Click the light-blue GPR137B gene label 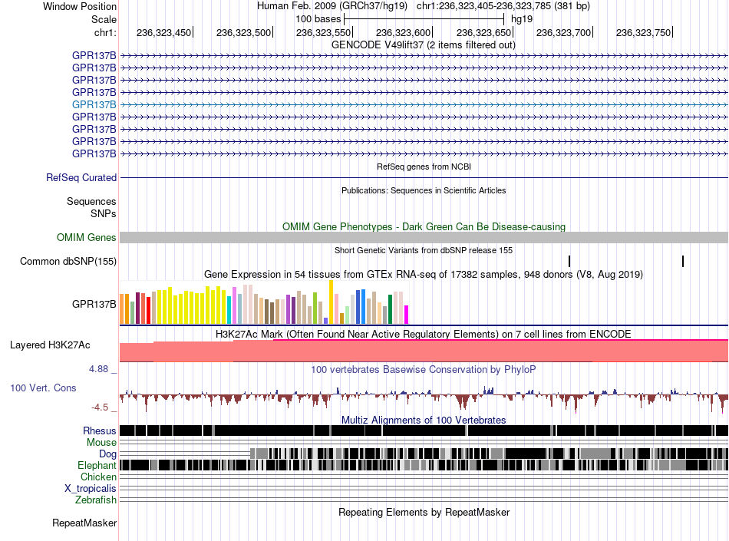point(94,104)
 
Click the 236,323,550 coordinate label point(323,32)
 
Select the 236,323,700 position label point(563,32)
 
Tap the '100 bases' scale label point(318,19)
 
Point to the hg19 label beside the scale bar point(522,19)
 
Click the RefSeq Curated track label point(81,177)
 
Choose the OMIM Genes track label point(87,237)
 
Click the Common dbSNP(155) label point(68,261)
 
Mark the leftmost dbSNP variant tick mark point(569,261)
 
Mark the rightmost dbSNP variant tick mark point(683,261)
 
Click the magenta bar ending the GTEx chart point(407,315)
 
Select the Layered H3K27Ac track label point(50,345)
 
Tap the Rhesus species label point(100,430)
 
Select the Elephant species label point(97,465)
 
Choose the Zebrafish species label point(96,500)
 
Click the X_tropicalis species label point(91,489)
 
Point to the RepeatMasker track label point(84,523)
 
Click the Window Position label point(80,6)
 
